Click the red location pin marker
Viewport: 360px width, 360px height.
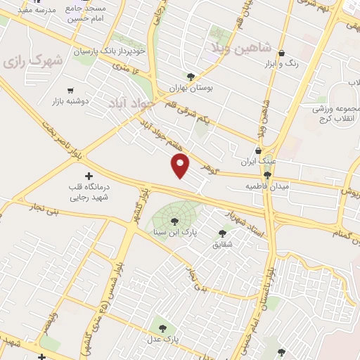181,165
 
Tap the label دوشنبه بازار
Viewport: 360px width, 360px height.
69,101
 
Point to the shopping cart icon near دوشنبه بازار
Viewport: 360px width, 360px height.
70,90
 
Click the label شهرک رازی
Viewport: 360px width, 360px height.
33,61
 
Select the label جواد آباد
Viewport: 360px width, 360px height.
126,103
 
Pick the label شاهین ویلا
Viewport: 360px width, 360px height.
237,46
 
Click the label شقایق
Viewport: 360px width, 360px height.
222,244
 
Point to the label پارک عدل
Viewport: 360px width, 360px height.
163,339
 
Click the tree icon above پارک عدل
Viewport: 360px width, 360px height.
162,328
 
